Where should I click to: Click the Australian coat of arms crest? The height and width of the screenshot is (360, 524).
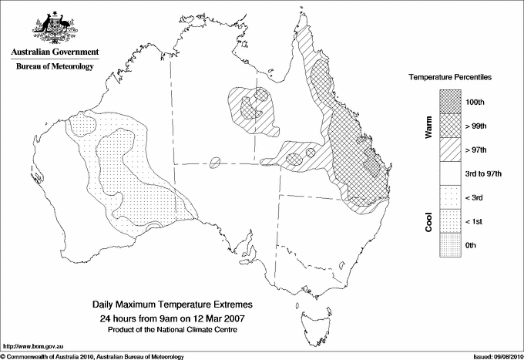click(55, 27)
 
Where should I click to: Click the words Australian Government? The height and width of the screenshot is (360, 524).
click(55, 52)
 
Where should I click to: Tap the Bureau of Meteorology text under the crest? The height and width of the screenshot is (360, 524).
click(55, 67)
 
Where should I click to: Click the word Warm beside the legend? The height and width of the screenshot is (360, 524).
click(428, 128)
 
